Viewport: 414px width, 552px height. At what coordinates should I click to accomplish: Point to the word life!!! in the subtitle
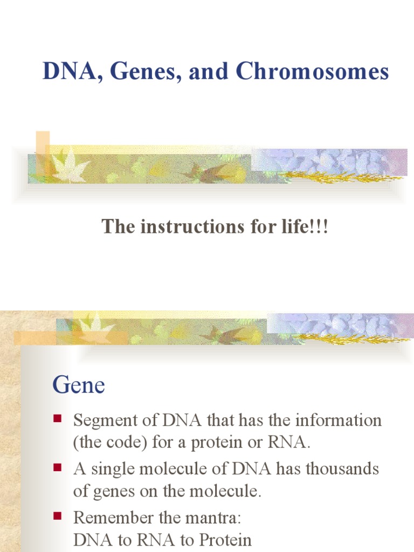click(304, 227)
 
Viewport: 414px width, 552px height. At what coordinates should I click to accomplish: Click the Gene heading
click(79, 385)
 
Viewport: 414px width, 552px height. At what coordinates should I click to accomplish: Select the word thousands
click(342, 469)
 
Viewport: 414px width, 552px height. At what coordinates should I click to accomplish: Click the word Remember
click(107, 517)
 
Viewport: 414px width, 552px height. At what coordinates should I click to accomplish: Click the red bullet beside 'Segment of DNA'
click(58, 418)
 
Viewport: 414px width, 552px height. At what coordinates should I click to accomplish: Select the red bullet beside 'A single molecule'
click(58, 467)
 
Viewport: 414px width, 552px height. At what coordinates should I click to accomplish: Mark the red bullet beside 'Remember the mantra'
click(58, 516)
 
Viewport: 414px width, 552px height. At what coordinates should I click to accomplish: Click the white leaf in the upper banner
click(70, 167)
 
